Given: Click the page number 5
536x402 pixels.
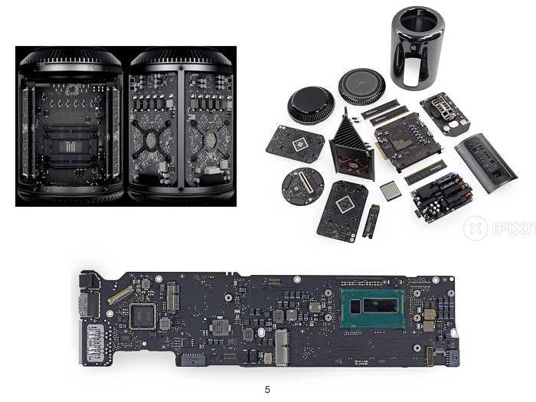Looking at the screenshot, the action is tap(267, 389).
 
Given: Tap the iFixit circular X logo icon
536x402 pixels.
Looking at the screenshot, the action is tap(476, 227).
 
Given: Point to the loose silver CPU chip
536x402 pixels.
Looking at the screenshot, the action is tap(391, 191).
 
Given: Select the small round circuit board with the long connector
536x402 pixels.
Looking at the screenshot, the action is tap(302, 185).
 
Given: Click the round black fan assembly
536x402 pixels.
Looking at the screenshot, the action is tap(309, 105).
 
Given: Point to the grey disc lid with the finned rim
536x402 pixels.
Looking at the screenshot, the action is tap(361, 86).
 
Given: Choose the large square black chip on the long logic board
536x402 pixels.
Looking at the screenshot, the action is tap(143, 316).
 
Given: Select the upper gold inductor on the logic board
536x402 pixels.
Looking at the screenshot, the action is tap(429, 313).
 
